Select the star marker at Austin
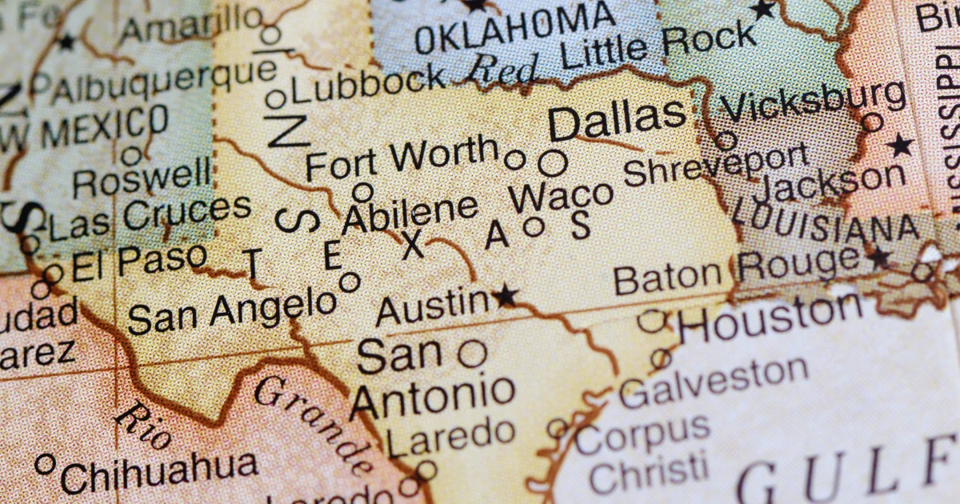[x=505, y=297]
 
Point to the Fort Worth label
[x=402, y=158]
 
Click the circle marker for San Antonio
[x=472, y=353]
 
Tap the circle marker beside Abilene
[x=362, y=192]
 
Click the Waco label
[x=561, y=195]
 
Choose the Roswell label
[x=142, y=180]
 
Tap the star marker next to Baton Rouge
[x=880, y=258]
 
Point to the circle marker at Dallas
[x=552, y=163]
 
